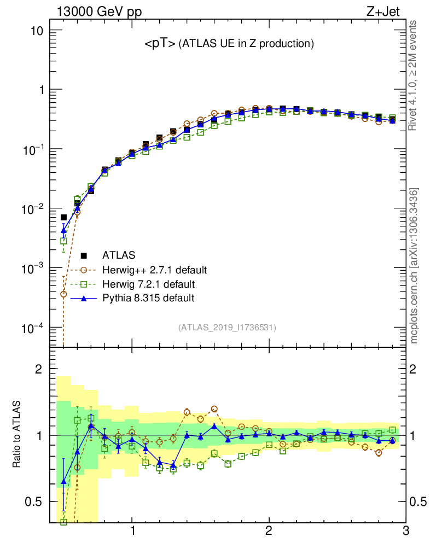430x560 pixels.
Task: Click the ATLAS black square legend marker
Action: [x=84, y=255]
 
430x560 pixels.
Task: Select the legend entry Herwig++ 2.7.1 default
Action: [x=154, y=270]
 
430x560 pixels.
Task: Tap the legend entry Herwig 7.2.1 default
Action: [x=149, y=284]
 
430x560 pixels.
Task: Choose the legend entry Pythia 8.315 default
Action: [x=148, y=298]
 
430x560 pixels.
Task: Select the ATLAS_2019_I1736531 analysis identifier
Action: [x=227, y=328]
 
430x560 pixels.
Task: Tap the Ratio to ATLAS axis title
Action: [x=18, y=434]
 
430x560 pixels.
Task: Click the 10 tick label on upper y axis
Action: [x=38, y=31]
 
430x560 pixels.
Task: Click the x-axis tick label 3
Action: [x=405, y=532]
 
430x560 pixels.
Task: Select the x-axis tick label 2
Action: [x=269, y=532]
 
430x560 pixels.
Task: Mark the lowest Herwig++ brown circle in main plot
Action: [x=63, y=294]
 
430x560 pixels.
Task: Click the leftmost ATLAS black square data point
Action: [x=63, y=218]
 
